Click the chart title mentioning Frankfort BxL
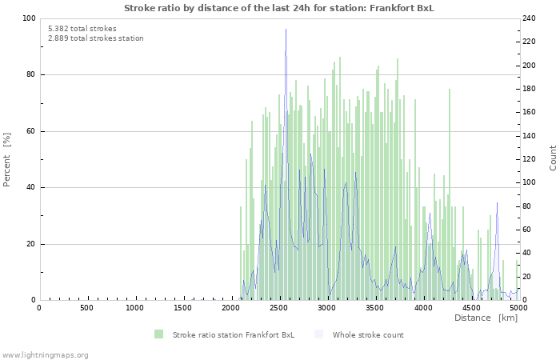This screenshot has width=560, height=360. pyautogui.click(x=279, y=7)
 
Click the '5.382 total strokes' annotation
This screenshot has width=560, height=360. pyautogui.click(x=82, y=29)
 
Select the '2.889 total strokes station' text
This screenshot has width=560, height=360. pyautogui.click(x=95, y=38)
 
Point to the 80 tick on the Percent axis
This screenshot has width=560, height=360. pyautogui.click(x=30, y=75)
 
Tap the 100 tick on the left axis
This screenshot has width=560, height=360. pyautogui.click(x=29, y=18)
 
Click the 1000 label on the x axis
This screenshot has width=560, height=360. pyautogui.click(x=134, y=308)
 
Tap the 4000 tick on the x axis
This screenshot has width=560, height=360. pyautogui.click(x=422, y=308)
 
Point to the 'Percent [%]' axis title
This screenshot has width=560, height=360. pyautogui.click(x=7, y=159)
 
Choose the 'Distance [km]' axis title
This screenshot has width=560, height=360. pyautogui.click(x=486, y=318)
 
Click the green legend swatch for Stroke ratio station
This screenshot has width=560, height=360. pyautogui.click(x=158, y=334)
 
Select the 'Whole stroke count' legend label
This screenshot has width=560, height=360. pyautogui.click(x=368, y=334)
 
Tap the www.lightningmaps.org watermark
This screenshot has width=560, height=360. pyautogui.click(x=46, y=355)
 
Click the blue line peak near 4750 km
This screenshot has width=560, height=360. pyautogui.click(x=497, y=203)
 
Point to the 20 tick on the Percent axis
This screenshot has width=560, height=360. pyautogui.click(x=30, y=244)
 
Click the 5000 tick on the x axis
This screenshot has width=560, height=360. pyautogui.click(x=518, y=308)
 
